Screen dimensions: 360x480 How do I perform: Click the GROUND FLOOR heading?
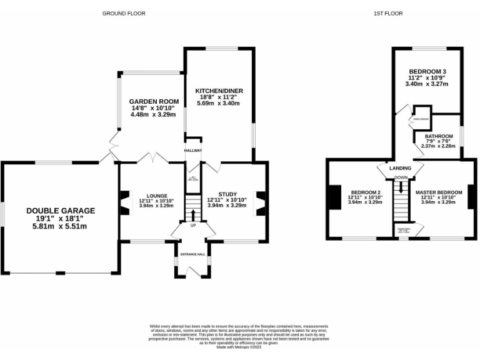tap(119, 13)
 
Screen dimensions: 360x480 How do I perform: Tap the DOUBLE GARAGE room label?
tap(61, 211)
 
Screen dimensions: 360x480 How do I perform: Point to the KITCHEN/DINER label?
tap(218, 91)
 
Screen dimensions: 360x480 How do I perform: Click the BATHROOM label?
tap(439, 136)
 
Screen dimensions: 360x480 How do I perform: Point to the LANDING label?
tap(400, 169)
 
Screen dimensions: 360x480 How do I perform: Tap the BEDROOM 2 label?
tap(366, 191)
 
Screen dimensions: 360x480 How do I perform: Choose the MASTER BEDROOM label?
tap(439, 191)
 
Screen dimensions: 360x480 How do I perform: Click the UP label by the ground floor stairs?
tap(193, 226)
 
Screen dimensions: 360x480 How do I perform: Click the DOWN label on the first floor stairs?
tap(400, 176)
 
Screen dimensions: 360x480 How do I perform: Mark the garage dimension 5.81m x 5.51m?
tap(61, 227)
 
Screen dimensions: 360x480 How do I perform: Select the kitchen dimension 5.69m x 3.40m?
tap(218, 103)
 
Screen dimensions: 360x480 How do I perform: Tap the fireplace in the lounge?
tap(124, 203)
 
